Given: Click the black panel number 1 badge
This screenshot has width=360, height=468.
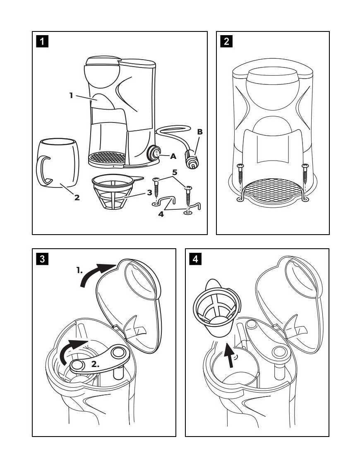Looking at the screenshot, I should (x=42, y=41).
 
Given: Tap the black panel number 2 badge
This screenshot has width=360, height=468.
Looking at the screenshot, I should (x=226, y=41).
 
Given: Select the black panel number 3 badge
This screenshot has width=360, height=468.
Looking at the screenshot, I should (x=42, y=259).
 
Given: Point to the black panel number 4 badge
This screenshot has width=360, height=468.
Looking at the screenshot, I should (x=195, y=259).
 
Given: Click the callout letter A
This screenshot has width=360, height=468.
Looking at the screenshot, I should (x=173, y=156).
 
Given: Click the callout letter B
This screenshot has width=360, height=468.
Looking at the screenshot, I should (x=200, y=132).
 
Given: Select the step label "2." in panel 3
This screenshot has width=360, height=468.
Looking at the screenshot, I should (x=96, y=364).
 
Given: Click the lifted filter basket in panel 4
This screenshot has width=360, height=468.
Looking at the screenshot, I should (x=216, y=307).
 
